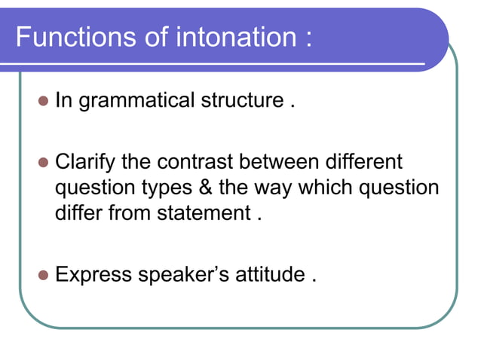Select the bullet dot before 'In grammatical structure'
(43, 101)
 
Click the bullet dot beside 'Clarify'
(43, 163)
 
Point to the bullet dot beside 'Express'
(43, 275)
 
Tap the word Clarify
(84, 163)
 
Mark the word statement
(201, 213)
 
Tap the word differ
(76, 213)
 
